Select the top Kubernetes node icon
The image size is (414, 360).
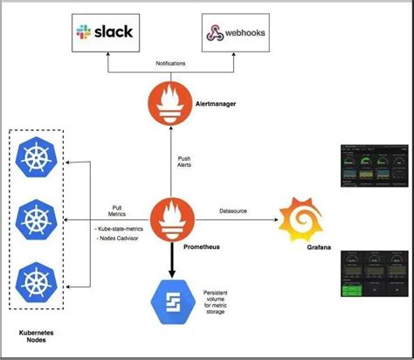pos(38,161)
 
